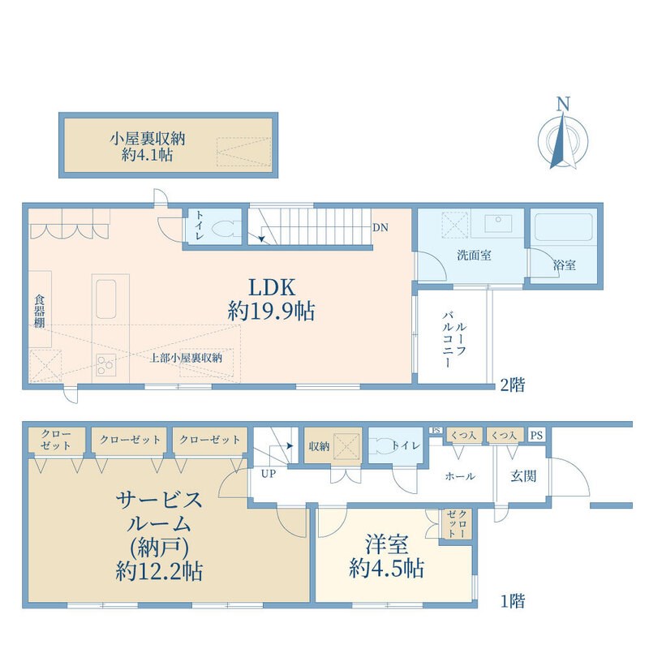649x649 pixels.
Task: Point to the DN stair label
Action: [x=380, y=228]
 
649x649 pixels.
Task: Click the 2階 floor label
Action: [x=512, y=384]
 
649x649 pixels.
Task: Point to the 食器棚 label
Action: [x=39, y=312]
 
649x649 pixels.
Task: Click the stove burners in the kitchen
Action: [x=105, y=365]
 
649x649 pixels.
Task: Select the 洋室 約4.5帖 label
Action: [x=386, y=556]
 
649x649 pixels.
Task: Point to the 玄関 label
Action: [x=523, y=476]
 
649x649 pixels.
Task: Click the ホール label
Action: [x=460, y=476]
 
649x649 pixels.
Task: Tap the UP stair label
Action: [x=267, y=473]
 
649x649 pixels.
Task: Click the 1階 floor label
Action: [x=512, y=601]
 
